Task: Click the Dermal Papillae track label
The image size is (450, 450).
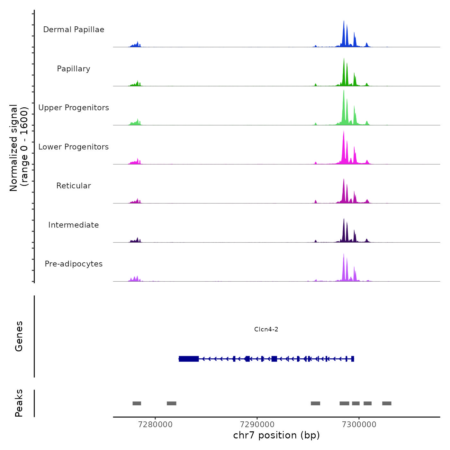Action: click(x=74, y=30)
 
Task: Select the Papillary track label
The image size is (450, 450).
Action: click(x=74, y=69)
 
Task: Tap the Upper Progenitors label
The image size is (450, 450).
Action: click(x=74, y=108)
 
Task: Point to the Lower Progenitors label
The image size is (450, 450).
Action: click(x=74, y=147)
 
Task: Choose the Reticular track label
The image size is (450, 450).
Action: click(x=74, y=186)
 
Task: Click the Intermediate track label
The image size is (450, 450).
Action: click(x=74, y=225)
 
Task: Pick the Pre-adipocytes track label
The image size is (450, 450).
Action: click(x=74, y=264)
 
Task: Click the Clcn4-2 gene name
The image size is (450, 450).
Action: click(x=266, y=329)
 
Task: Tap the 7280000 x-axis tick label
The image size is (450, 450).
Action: click(x=155, y=424)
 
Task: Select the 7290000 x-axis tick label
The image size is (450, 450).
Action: click(x=257, y=424)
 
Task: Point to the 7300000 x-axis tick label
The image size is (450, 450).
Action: click(x=359, y=424)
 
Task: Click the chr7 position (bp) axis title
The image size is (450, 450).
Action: click(x=276, y=435)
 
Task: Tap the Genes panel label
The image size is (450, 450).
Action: click(x=19, y=336)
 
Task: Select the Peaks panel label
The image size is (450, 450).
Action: click(x=19, y=403)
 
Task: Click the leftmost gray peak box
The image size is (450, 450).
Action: click(x=137, y=403)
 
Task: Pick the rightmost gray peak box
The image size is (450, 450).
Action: click(x=387, y=403)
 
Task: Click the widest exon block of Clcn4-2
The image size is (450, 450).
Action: click(x=189, y=359)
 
